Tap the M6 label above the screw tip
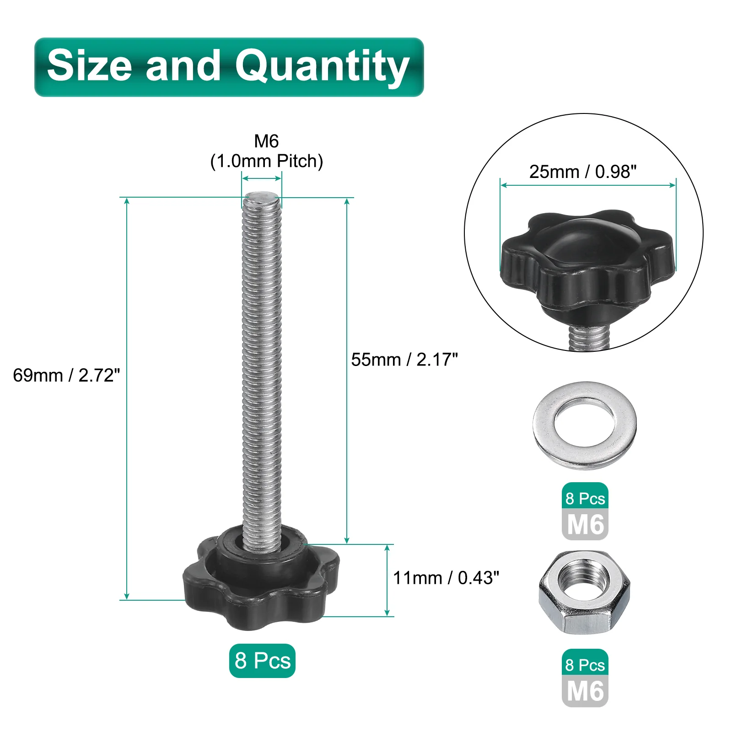pyautogui.click(x=266, y=141)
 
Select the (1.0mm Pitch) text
pyautogui.click(x=267, y=161)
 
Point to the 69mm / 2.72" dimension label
pyautogui.click(x=66, y=375)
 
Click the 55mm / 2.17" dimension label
pyautogui.click(x=404, y=360)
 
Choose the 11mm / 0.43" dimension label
pyautogui.click(x=446, y=578)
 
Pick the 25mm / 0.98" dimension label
pyautogui.click(x=583, y=172)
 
